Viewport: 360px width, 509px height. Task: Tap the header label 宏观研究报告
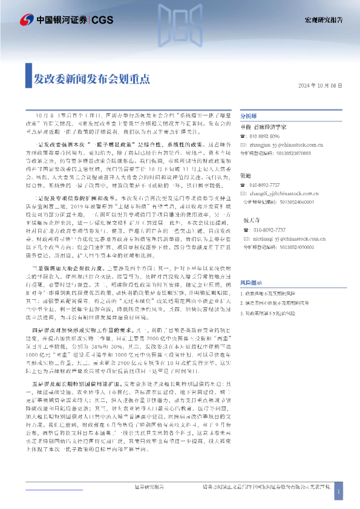(x=322, y=19)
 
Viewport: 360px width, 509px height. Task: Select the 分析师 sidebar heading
(x=249, y=116)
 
